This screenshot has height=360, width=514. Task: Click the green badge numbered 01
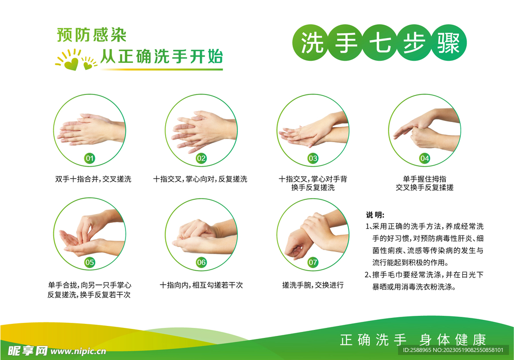[x=89, y=159]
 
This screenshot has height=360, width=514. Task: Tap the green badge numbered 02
[x=201, y=159]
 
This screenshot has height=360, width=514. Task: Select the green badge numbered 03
[x=313, y=159]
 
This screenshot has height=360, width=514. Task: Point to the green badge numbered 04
[x=425, y=159]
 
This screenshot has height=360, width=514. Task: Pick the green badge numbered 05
[x=89, y=262]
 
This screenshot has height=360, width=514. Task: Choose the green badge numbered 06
[x=201, y=262]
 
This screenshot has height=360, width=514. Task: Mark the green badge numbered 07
[x=313, y=262]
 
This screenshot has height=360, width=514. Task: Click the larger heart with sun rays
[x=71, y=62]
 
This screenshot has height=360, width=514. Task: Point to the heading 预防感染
[x=91, y=35]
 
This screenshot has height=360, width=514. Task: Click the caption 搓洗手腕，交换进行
[x=313, y=285]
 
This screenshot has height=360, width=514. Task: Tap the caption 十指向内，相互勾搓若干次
[x=201, y=285]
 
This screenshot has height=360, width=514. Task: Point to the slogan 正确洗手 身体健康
[x=413, y=340]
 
